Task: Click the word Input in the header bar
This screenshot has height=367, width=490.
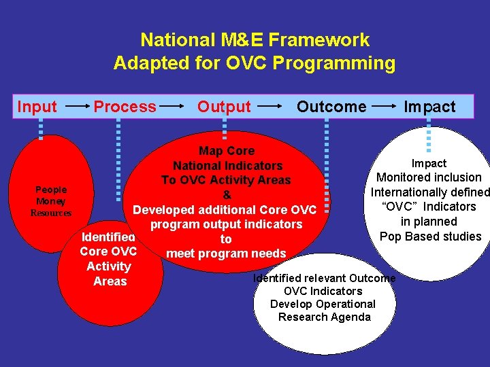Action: point(37,107)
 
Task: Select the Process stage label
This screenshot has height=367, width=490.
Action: point(125,107)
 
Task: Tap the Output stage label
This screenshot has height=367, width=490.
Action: point(224,107)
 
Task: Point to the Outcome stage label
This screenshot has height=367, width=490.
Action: point(331,107)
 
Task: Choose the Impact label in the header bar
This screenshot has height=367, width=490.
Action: point(429,107)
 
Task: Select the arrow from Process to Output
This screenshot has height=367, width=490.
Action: point(173,107)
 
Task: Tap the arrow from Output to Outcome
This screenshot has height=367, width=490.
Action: point(271,107)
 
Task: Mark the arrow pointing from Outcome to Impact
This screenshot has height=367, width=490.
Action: point(384,107)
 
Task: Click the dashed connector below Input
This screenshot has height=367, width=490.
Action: point(40,128)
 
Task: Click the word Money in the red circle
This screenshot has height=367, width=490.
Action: point(51,201)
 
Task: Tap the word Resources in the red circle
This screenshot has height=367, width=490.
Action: point(51,213)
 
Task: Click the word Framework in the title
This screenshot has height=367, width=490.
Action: point(320,40)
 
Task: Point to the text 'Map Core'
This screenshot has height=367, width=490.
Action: point(227,151)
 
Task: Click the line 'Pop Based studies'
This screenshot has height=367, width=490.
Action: point(430,237)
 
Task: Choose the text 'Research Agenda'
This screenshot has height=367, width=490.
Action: point(325,317)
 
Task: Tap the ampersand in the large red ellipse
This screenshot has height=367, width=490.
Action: point(227,195)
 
